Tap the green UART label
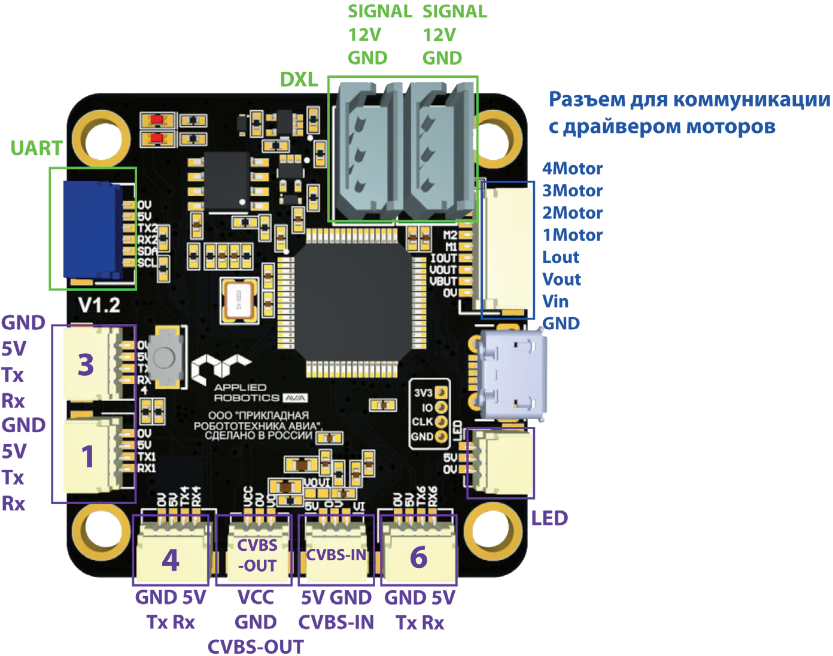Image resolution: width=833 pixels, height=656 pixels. coord(36,148)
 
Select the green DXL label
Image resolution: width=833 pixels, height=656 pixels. coord(299,79)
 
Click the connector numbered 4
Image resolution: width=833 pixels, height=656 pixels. coord(171,558)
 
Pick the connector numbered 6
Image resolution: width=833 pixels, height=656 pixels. coord(419,557)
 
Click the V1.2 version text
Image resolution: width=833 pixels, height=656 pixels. coord(99,305)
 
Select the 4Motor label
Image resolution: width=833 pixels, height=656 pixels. coord(572,169)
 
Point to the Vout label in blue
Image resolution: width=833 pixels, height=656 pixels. coord(561,280)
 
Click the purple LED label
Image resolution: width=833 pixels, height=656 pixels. coord(549,518)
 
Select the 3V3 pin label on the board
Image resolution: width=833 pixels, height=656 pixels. coord(422,393)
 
